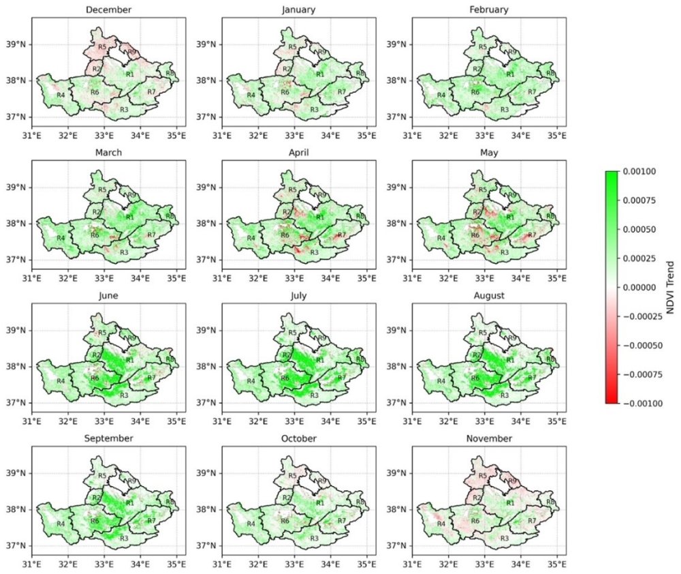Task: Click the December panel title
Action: click(x=104, y=10)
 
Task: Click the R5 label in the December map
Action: click(x=102, y=46)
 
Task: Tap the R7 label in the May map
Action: click(x=532, y=235)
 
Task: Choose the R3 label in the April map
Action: click(x=314, y=252)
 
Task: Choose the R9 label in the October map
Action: click(x=321, y=481)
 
